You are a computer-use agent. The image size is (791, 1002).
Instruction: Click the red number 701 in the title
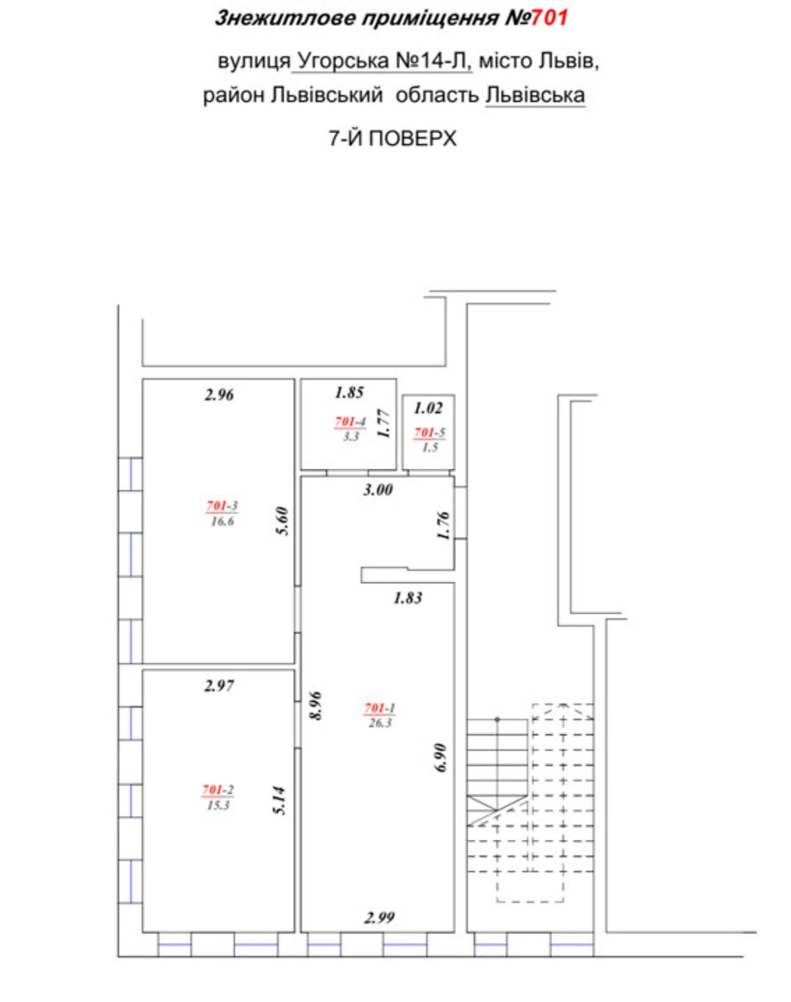(x=549, y=18)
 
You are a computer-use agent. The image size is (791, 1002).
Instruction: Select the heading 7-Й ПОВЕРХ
(x=392, y=138)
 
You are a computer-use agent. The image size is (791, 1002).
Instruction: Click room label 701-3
(x=222, y=505)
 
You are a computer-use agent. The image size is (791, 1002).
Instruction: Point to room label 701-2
(x=218, y=790)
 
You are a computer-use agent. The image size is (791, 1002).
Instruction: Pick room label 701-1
(x=380, y=709)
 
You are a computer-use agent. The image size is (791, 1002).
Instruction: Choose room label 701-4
(x=350, y=422)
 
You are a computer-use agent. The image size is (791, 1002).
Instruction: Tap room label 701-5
(x=429, y=432)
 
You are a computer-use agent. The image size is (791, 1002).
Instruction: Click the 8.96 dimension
(x=316, y=706)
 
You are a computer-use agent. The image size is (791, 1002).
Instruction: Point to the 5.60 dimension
(x=283, y=521)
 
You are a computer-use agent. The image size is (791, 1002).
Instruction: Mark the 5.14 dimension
(x=279, y=801)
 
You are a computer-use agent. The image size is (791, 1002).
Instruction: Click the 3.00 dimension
(x=378, y=490)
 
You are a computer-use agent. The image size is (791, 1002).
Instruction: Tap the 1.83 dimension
(x=408, y=598)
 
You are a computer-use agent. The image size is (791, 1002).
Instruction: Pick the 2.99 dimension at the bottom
(x=380, y=918)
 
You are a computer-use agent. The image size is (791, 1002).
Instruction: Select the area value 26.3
(x=380, y=722)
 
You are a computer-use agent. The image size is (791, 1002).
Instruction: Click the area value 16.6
(x=223, y=521)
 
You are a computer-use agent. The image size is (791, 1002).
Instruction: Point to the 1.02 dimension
(x=428, y=408)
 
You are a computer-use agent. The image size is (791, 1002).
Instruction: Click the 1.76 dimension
(x=444, y=525)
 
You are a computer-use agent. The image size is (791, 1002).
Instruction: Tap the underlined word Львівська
(x=535, y=96)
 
